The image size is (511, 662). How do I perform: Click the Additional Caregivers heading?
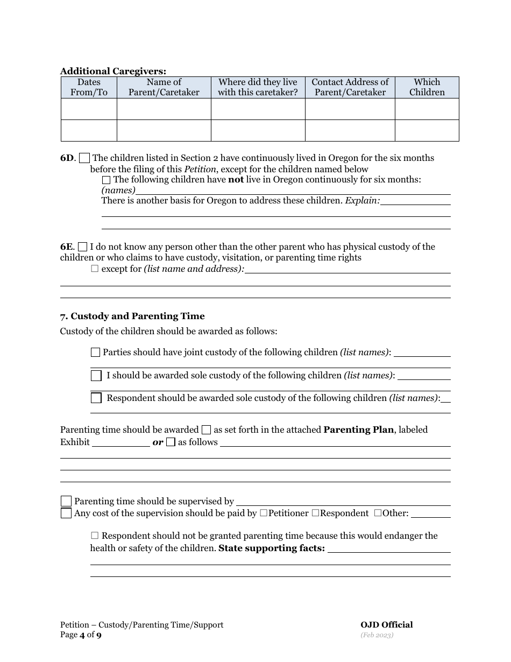point(113,71)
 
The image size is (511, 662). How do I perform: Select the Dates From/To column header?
point(89,87)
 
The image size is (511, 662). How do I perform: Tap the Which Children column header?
point(427,87)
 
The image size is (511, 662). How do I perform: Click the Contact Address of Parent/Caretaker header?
point(350,87)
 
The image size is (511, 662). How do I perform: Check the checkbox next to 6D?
point(84,158)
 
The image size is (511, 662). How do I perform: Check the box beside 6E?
point(82,247)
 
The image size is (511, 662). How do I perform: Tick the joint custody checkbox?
point(95,353)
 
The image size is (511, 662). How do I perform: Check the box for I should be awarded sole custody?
point(96,375)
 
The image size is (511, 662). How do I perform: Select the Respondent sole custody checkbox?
point(96,398)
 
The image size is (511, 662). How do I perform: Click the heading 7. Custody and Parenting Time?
point(132,316)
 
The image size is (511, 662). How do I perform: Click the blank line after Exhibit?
point(121,443)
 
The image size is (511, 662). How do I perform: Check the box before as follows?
point(171,442)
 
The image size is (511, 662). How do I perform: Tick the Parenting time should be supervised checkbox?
point(66,501)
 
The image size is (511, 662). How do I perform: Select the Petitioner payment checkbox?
point(264,513)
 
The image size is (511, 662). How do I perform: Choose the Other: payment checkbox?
point(378,513)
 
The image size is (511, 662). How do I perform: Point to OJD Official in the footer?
point(387,625)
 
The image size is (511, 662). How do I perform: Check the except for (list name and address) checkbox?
point(95,269)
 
